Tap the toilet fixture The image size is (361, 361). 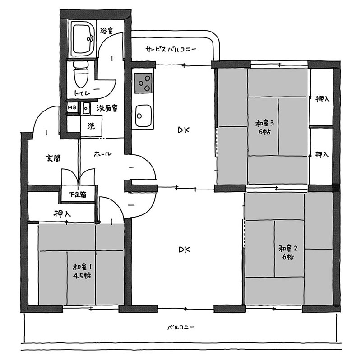coord(81,74)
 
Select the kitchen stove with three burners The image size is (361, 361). coord(143,83)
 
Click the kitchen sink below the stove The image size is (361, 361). coord(143,116)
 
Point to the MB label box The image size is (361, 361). coord(72,107)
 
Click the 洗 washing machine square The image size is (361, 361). coord(91,126)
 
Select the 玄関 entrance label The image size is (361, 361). coord(53,158)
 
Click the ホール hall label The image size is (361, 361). coord(103,154)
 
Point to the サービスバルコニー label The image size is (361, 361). coord(171,49)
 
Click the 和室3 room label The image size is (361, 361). coord(264,123)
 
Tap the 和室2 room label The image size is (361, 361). coord(288,249)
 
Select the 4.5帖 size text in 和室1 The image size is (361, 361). coord(82,276)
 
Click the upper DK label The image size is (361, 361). coord(184,130)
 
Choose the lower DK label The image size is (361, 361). coord(184,250)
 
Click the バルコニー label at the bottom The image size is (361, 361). coord(181,327)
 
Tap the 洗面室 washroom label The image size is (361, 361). coord(107,108)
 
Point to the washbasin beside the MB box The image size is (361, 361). coord(86,108)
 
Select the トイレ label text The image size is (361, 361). coord(87,93)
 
